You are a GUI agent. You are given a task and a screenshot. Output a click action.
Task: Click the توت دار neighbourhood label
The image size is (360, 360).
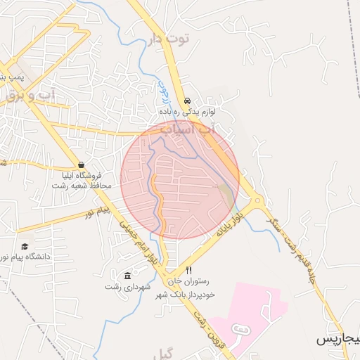click(169, 38)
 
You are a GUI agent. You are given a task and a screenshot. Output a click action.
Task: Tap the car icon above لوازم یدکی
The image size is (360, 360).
click(186, 101)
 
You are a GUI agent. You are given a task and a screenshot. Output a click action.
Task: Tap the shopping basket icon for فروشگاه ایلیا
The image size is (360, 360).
click(82, 165)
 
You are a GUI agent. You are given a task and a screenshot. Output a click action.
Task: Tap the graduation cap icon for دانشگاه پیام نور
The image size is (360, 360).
click(25, 247)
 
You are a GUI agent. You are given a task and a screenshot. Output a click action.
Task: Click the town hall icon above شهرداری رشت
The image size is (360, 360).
click(127, 275)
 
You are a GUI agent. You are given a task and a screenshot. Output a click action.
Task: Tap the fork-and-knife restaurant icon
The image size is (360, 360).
click(188, 270)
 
